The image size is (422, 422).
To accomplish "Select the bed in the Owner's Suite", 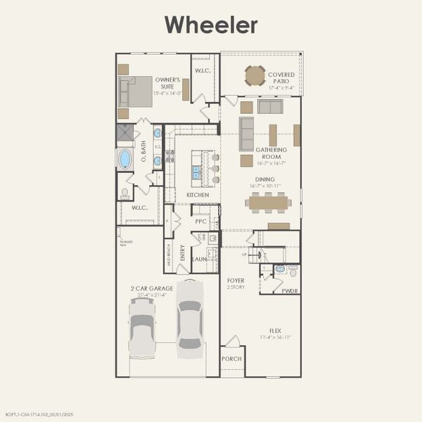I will [x=135, y=91].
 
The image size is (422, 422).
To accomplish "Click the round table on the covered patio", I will [x=255, y=75].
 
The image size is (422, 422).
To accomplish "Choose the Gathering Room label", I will [x=271, y=153].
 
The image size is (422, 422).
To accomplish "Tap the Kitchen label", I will [x=198, y=195].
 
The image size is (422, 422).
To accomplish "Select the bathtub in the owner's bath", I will [x=124, y=159].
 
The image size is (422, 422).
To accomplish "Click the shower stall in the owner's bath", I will [x=124, y=133].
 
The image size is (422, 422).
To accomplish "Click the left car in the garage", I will [x=142, y=327].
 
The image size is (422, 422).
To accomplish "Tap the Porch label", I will [x=231, y=359].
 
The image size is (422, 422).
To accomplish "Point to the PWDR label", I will [x=289, y=290].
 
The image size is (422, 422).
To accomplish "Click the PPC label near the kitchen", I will [x=200, y=221].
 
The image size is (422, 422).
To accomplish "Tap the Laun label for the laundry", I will [x=199, y=259].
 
